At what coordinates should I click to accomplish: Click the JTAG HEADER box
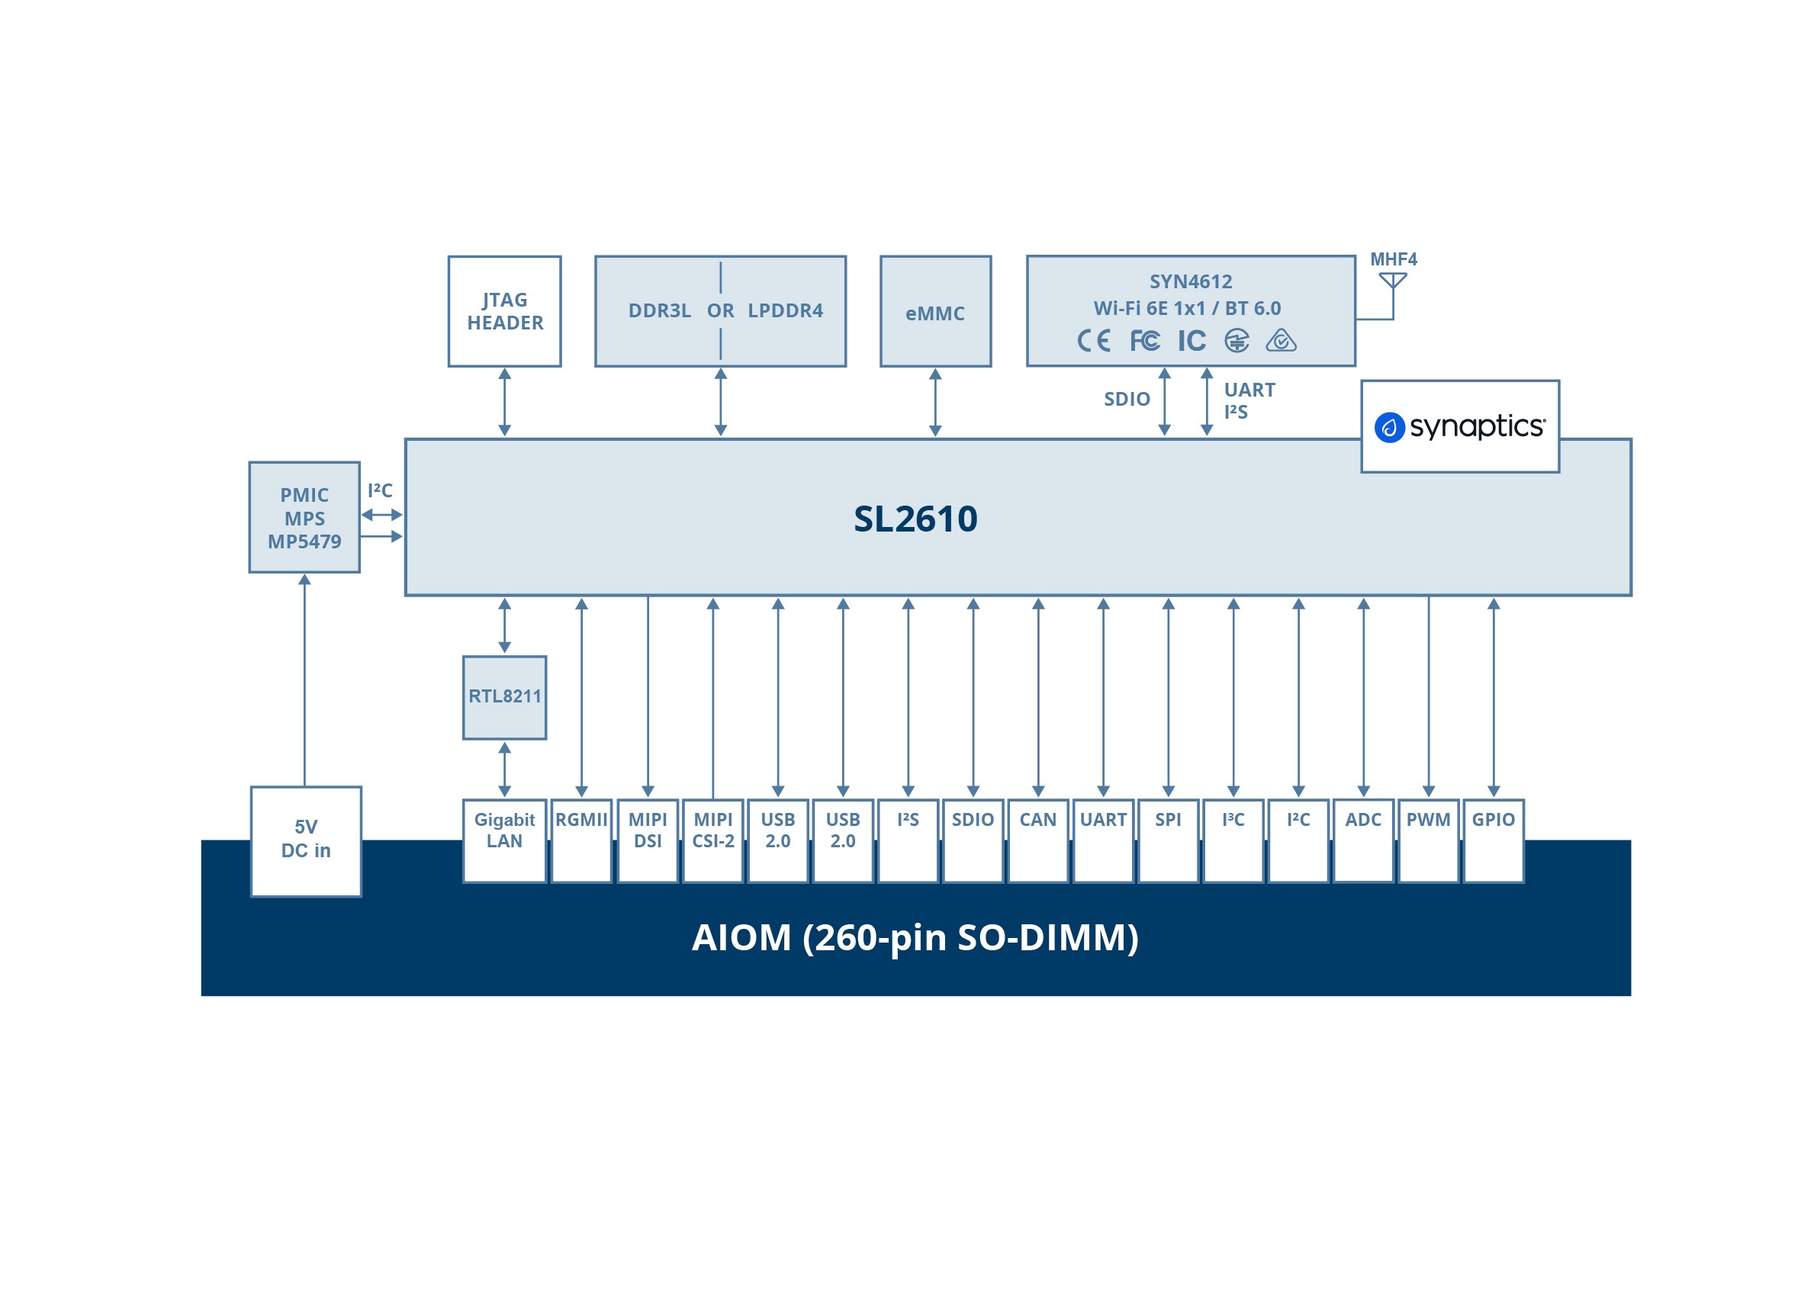tap(504, 311)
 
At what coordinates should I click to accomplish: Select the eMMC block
tap(934, 311)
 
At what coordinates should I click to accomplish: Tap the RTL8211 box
tap(504, 696)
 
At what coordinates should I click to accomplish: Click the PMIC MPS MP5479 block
tap(304, 517)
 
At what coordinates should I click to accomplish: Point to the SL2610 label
tap(915, 519)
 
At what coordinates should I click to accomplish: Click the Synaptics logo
tap(1459, 427)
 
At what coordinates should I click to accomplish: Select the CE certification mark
tap(1093, 342)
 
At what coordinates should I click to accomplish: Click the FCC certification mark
tap(1144, 342)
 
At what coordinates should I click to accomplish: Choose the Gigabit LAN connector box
tap(504, 839)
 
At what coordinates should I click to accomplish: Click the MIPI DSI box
tap(648, 839)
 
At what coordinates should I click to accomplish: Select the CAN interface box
tap(1037, 839)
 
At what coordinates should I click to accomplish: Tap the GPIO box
tap(1493, 839)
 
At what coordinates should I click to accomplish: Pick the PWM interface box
tap(1428, 839)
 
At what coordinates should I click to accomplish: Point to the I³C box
tap(1233, 839)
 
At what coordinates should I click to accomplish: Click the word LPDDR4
tap(785, 311)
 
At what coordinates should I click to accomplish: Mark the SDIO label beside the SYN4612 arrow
tap(1127, 399)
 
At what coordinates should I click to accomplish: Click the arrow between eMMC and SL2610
tap(934, 402)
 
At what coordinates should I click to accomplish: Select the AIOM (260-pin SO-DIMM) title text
tap(915, 937)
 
